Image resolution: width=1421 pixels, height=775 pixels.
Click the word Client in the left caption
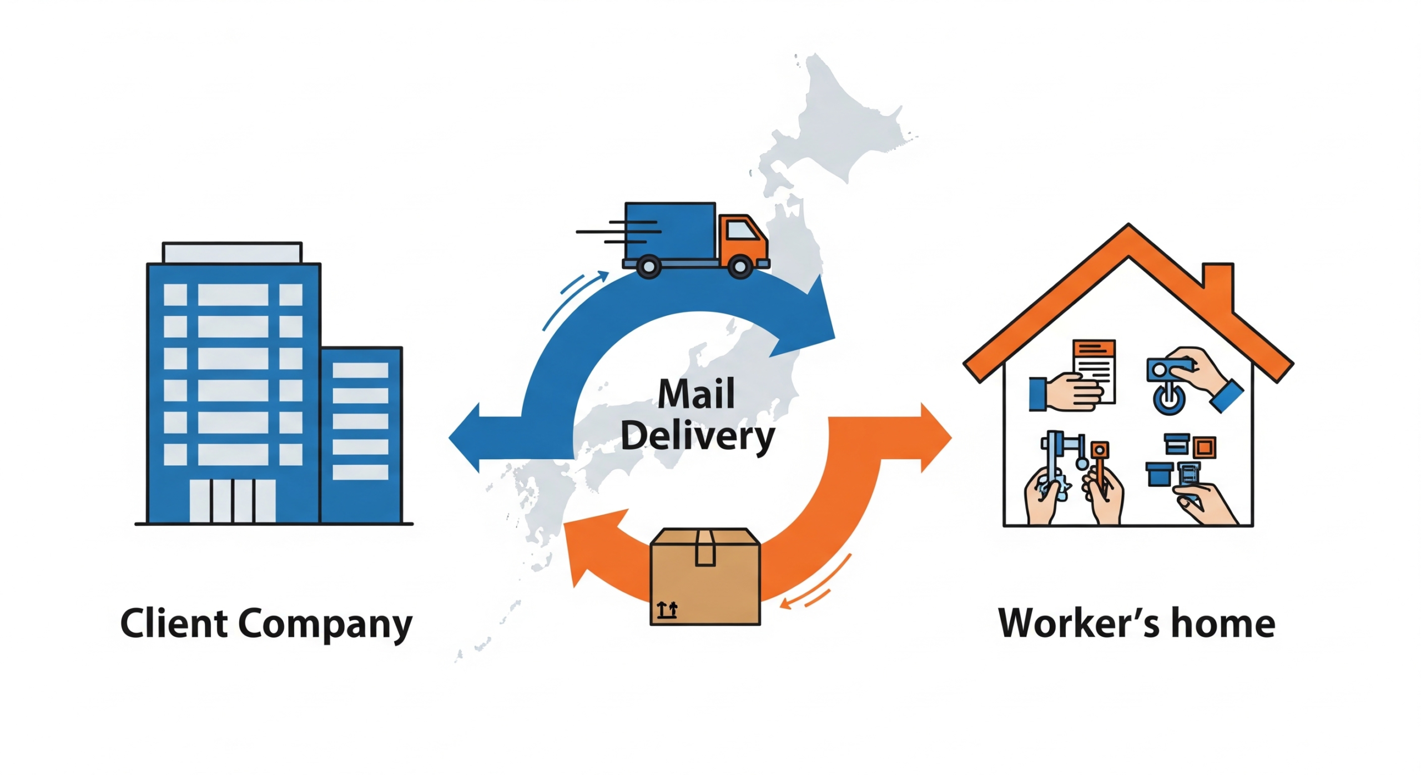coord(174,623)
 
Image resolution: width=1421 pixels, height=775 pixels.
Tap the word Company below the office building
coord(325,625)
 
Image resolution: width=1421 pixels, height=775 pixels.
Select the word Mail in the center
coord(696,394)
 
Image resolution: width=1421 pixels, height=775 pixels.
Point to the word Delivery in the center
coord(697,437)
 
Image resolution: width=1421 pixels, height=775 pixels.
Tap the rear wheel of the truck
coord(648,266)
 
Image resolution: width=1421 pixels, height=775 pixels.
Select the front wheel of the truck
coord(740,266)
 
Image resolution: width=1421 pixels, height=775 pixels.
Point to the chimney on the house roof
coord(1218,283)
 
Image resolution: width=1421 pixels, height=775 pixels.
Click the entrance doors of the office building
coord(232,501)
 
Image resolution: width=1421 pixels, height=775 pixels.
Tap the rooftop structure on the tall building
coord(232,253)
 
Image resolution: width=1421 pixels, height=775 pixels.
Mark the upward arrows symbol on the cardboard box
coord(667,610)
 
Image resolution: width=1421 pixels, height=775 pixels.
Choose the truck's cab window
coord(741,230)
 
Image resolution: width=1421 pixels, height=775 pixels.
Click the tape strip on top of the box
coord(705,547)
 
